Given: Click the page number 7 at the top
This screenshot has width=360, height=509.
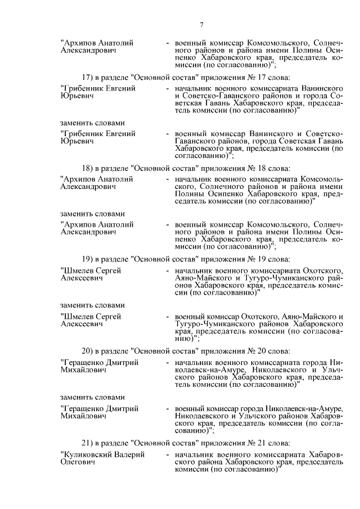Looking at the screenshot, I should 201,24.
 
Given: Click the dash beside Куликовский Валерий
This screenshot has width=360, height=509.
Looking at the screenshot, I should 168,453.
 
